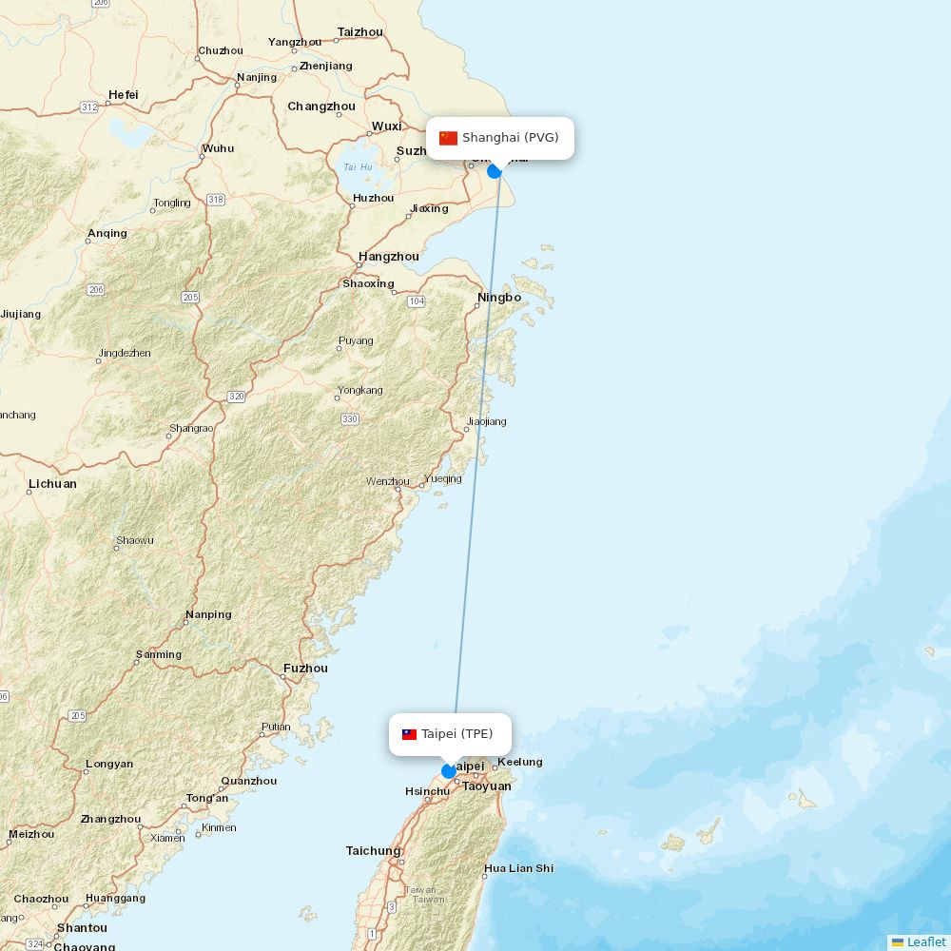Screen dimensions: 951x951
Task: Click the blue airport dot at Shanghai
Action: pyautogui.click(x=495, y=171)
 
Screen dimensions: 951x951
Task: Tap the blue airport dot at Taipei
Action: pyautogui.click(x=449, y=771)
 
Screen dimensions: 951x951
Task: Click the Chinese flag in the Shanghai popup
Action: pyautogui.click(x=449, y=138)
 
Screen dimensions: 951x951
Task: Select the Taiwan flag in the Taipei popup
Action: pyautogui.click(x=409, y=734)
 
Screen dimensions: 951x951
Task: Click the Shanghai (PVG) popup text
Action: pyautogui.click(x=511, y=138)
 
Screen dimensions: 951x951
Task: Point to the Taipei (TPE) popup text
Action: pyautogui.click(x=457, y=734)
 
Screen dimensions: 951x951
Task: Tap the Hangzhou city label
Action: pyautogui.click(x=388, y=257)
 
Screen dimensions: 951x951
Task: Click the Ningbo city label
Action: pyautogui.click(x=499, y=298)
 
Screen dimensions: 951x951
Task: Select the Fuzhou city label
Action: pyautogui.click(x=305, y=669)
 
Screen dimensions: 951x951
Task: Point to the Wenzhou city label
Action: pyautogui.click(x=387, y=481)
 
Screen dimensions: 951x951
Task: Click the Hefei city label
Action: pyautogui.click(x=123, y=95)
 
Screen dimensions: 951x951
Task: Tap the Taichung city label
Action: pyautogui.click(x=373, y=851)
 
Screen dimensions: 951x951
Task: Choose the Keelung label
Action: pyautogui.click(x=520, y=762)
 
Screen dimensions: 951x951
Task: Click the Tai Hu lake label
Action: pyautogui.click(x=358, y=167)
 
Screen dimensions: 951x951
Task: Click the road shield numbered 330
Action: pyautogui.click(x=350, y=419)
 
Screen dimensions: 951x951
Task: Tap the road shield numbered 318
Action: pyautogui.click(x=216, y=200)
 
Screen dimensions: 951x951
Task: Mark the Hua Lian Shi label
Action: pyautogui.click(x=518, y=868)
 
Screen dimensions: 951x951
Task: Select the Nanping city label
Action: pyautogui.click(x=208, y=614)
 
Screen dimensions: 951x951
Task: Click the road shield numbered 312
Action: pyautogui.click(x=89, y=107)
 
